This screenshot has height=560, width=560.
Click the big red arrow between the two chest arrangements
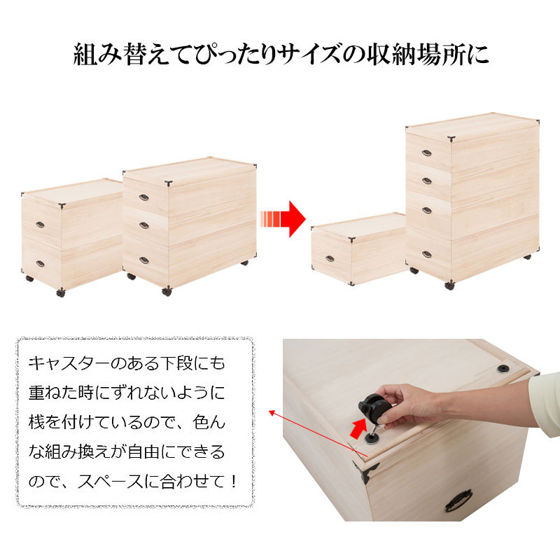pos(283,219)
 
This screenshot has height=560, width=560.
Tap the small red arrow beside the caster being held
pos(358,428)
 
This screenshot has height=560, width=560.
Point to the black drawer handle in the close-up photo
pos(458,500)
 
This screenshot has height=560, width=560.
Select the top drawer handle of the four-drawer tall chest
pos(427,153)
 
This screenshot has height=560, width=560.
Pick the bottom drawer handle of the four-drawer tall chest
pos(427,254)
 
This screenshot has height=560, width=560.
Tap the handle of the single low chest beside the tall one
pos(330,258)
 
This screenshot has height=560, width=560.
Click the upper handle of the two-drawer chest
pos(40,225)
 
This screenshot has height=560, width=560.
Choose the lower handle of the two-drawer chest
pos(40,264)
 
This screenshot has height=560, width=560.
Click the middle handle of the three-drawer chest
pos(144,225)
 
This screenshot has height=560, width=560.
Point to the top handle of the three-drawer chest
pos(144,197)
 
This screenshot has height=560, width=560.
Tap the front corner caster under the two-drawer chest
pos(61,293)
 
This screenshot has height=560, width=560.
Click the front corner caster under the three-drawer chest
pos(167,291)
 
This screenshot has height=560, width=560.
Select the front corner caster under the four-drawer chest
pos(449,285)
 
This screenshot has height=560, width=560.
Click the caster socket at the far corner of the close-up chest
pos(503,369)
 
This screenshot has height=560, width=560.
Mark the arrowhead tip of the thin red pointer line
pos(269,411)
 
